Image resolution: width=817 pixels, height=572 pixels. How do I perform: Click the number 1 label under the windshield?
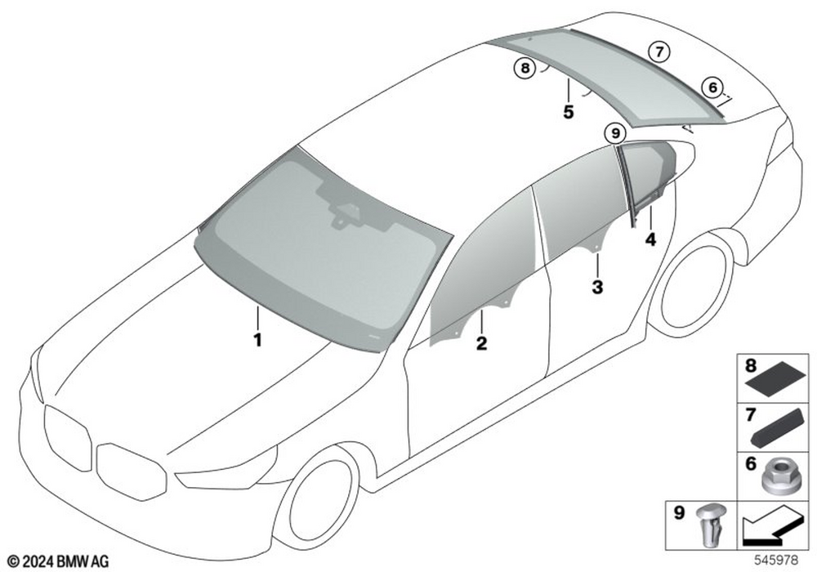point(257,340)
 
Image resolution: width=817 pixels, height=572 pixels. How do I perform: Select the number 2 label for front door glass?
point(481,343)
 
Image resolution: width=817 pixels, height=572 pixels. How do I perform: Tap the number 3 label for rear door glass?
point(597,287)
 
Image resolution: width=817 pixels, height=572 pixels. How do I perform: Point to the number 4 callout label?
point(650,239)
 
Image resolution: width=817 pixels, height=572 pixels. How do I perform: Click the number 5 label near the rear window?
point(569,111)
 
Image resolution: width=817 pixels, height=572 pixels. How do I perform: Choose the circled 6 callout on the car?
point(712,87)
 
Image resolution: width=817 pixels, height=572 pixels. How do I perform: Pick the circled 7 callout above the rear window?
point(659,51)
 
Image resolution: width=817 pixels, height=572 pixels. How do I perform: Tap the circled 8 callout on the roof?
point(525,68)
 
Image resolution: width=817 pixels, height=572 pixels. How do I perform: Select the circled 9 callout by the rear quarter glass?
point(615,134)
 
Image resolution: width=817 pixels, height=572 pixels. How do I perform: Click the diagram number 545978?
point(776,561)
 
